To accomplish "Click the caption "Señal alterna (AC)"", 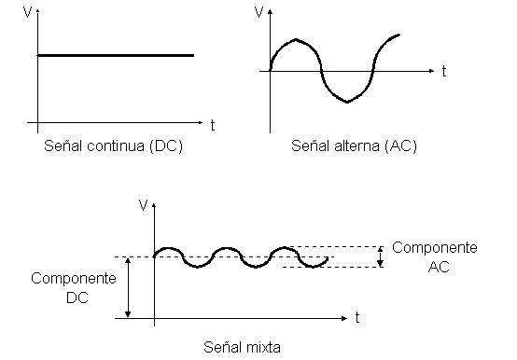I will (x=354, y=147).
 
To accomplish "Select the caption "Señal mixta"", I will (x=242, y=347).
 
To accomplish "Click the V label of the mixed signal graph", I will (x=142, y=203).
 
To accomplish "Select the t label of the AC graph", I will (x=444, y=70).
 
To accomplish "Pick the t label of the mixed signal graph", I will (x=356, y=318).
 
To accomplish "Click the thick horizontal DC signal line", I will (x=116, y=55).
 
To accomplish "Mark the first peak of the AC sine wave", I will (x=294, y=40).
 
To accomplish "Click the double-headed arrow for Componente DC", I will (x=129, y=287).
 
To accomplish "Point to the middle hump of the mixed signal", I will (x=227, y=251).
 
